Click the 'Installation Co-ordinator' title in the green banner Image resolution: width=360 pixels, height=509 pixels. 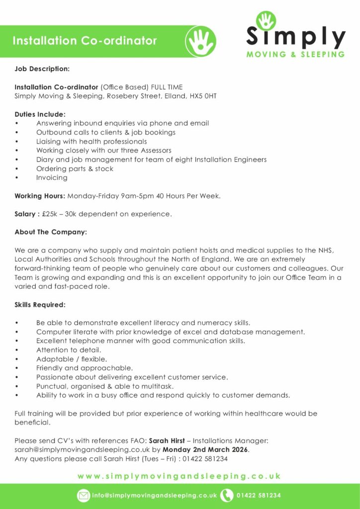coord(85,41)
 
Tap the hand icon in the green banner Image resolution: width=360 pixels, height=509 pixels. coord(200,41)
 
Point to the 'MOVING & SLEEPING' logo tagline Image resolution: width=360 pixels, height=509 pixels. coord(296,55)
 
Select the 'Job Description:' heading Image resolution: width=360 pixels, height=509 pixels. coord(42,68)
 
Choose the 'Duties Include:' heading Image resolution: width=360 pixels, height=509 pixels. coord(40,114)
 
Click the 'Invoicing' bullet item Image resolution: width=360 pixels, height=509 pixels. coord(52,177)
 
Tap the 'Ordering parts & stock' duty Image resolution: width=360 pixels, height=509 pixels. coord(75,169)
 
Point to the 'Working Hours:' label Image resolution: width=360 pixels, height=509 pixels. coord(40,196)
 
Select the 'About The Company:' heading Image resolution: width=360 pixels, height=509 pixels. coord(51,232)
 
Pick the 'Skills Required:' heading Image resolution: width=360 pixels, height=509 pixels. coord(40,304)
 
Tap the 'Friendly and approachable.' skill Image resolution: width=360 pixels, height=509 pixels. coord(85,368)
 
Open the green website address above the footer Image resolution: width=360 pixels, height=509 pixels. coord(180,476)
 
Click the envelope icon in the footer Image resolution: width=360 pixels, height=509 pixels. coord(84,496)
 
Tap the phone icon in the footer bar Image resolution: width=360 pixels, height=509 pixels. coord(227,496)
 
